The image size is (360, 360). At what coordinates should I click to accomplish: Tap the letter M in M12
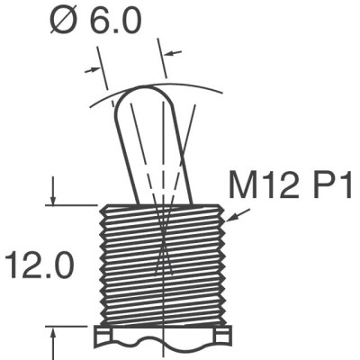pyautogui.click(x=244, y=189)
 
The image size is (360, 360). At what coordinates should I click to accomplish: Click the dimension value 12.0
pyautogui.click(x=37, y=267)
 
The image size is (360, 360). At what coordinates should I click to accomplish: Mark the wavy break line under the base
pyautogui.click(x=162, y=345)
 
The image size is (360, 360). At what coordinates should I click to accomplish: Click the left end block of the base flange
pyautogui.click(x=103, y=337)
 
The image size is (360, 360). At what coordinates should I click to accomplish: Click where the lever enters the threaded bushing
pyautogui.click(x=163, y=204)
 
